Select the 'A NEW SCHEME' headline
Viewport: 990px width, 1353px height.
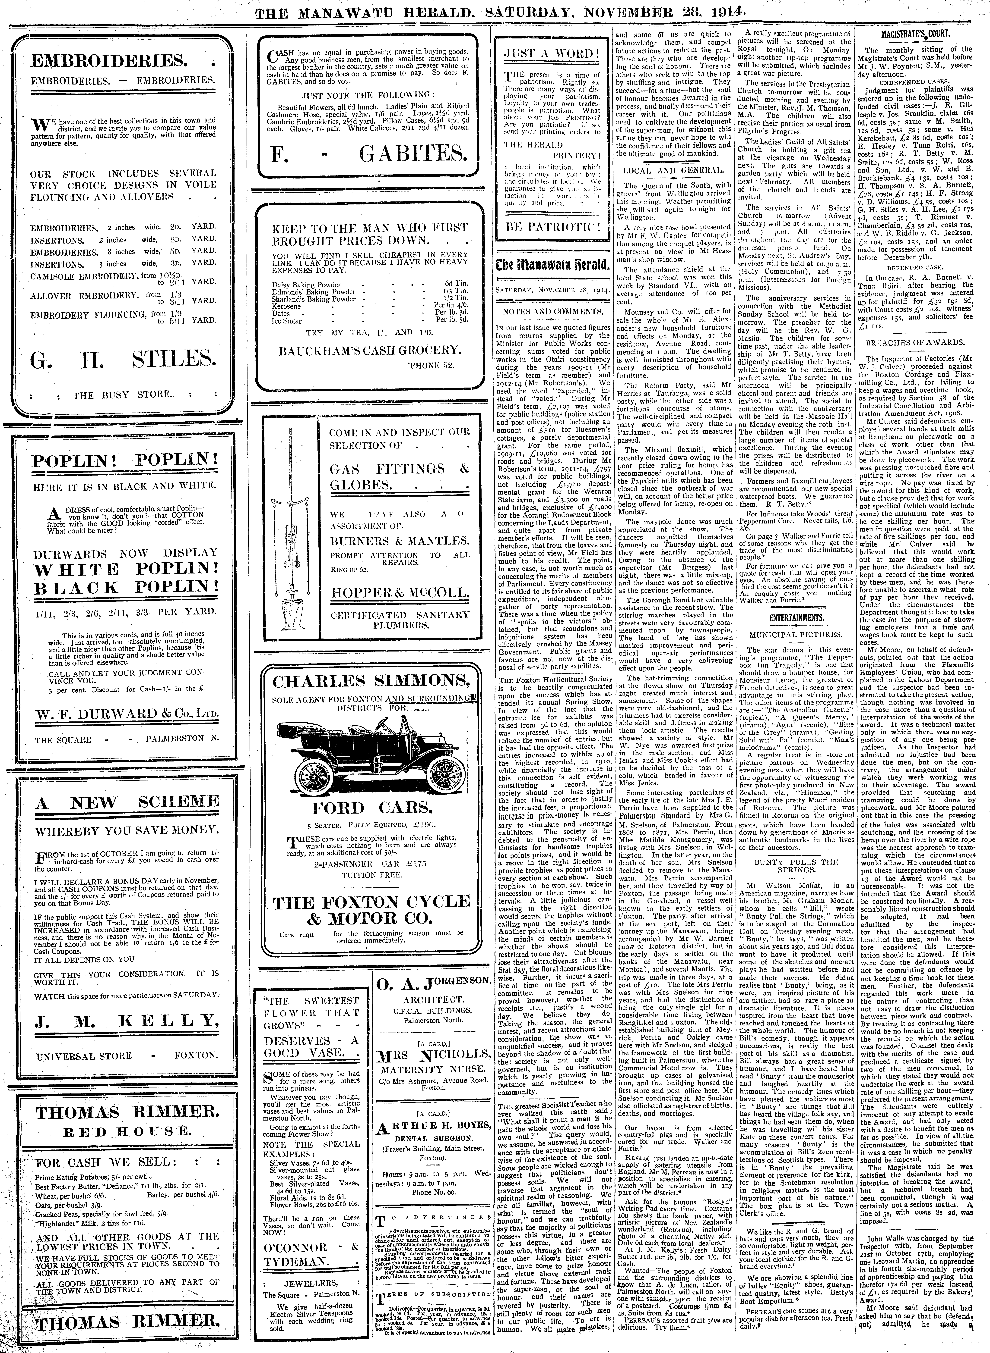click(x=127, y=803)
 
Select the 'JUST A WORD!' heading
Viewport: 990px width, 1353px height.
click(x=552, y=53)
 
